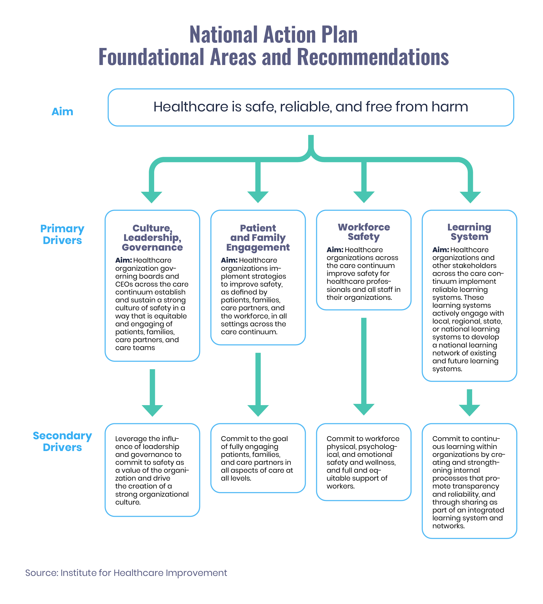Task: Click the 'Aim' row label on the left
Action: coord(62,111)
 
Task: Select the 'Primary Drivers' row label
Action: coord(62,234)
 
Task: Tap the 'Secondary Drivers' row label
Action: coord(62,441)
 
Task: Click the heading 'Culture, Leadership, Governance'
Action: coord(152,237)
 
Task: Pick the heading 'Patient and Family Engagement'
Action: coord(258,237)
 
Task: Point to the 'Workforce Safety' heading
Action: coord(364,232)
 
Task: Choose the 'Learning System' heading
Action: coord(469,232)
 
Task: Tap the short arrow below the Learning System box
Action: coord(469,403)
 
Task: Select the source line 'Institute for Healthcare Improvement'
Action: coord(143,573)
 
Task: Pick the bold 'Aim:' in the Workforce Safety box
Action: coord(335,250)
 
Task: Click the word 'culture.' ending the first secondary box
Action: coord(128,502)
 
